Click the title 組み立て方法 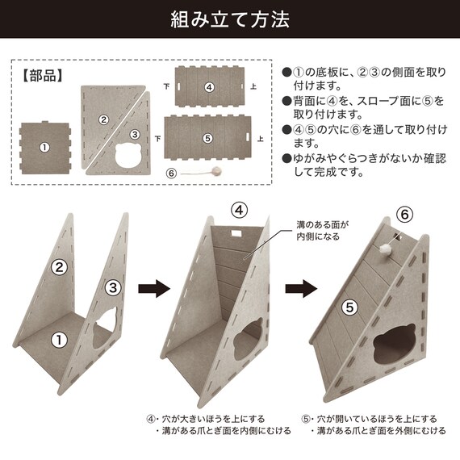click(x=230, y=19)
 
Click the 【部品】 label click(x=43, y=76)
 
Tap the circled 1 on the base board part click(x=44, y=147)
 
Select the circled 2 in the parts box click(x=103, y=119)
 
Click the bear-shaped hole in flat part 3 click(x=129, y=156)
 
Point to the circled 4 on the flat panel click(x=209, y=87)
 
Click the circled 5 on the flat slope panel click(x=207, y=138)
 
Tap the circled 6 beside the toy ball click(x=171, y=174)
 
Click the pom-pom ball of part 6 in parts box click(x=217, y=171)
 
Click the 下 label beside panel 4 click(x=166, y=86)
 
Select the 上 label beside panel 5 click(x=260, y=139)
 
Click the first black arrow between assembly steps click(x=154, y=288)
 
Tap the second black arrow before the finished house click(x=301, y=288)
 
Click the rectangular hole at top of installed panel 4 click(x=236, y=233)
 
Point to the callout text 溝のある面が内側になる click(x=322, y=231)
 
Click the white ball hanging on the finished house click(x=386, y=250)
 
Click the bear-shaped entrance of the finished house click(x=395, y=343)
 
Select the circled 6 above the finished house click(x=404, y=214)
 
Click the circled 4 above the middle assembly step click(x=239, y=210)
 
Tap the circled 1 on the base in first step click(x=59, y=340)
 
